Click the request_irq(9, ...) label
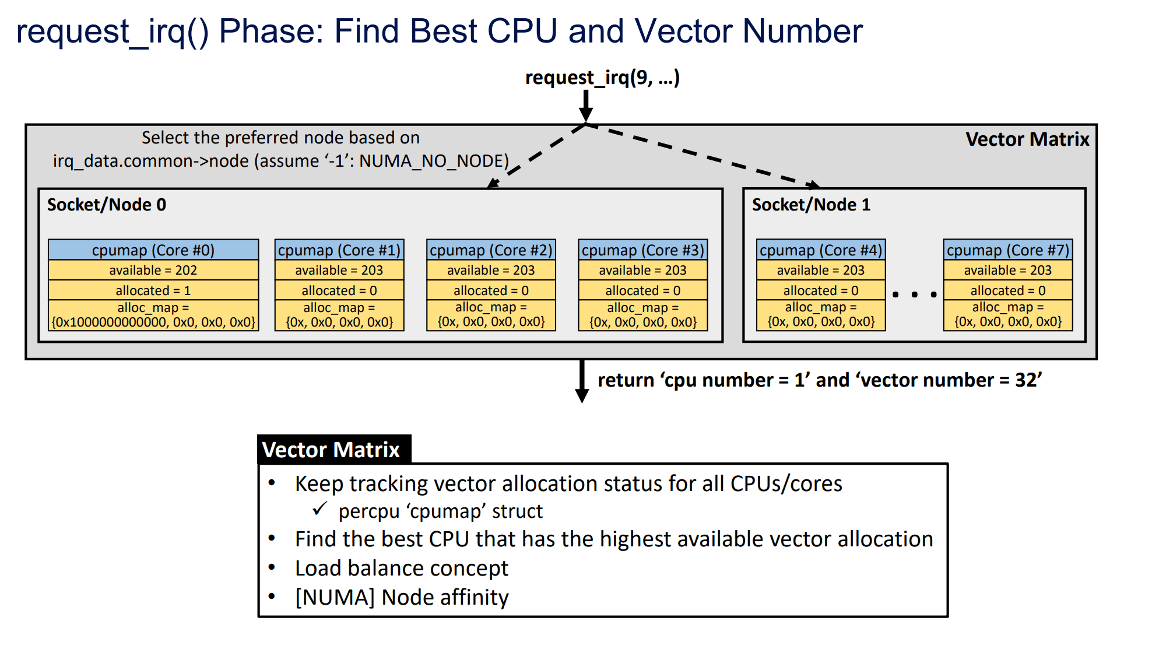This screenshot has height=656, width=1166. [602, 78]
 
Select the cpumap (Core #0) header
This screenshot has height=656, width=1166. [153, 250]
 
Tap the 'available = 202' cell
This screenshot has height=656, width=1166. [153, 270]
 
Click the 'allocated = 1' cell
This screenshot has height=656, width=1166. [153, 290]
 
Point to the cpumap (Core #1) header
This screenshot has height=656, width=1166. [339, 250]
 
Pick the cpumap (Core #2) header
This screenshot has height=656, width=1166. [491, 250]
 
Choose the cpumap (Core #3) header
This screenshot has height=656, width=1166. [643, 250]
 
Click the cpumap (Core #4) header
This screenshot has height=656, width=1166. [821, 250]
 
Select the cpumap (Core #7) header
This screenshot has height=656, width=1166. [1008, 250]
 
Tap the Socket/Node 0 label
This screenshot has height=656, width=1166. [107, 205]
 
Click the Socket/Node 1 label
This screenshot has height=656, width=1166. [811, 205]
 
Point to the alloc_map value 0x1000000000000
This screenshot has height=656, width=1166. [111, 322]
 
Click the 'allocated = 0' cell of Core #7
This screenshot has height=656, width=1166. [1008, 290]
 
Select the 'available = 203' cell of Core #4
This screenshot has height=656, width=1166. [821, 270]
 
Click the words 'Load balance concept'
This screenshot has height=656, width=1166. [402, 568]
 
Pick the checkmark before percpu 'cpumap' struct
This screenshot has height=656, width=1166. [319, 509]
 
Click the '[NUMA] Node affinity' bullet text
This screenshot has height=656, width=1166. [402, 597]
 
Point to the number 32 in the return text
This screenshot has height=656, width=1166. [1025, 380]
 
